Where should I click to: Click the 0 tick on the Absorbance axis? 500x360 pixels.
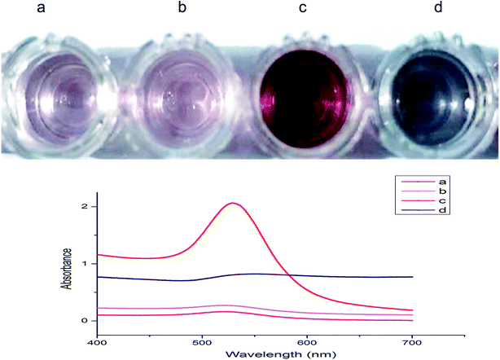(84, 321)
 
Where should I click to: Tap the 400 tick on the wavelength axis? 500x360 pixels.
(97, 340)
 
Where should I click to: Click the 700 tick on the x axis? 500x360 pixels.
(412, 340)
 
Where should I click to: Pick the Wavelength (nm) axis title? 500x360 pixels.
(254, 353)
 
